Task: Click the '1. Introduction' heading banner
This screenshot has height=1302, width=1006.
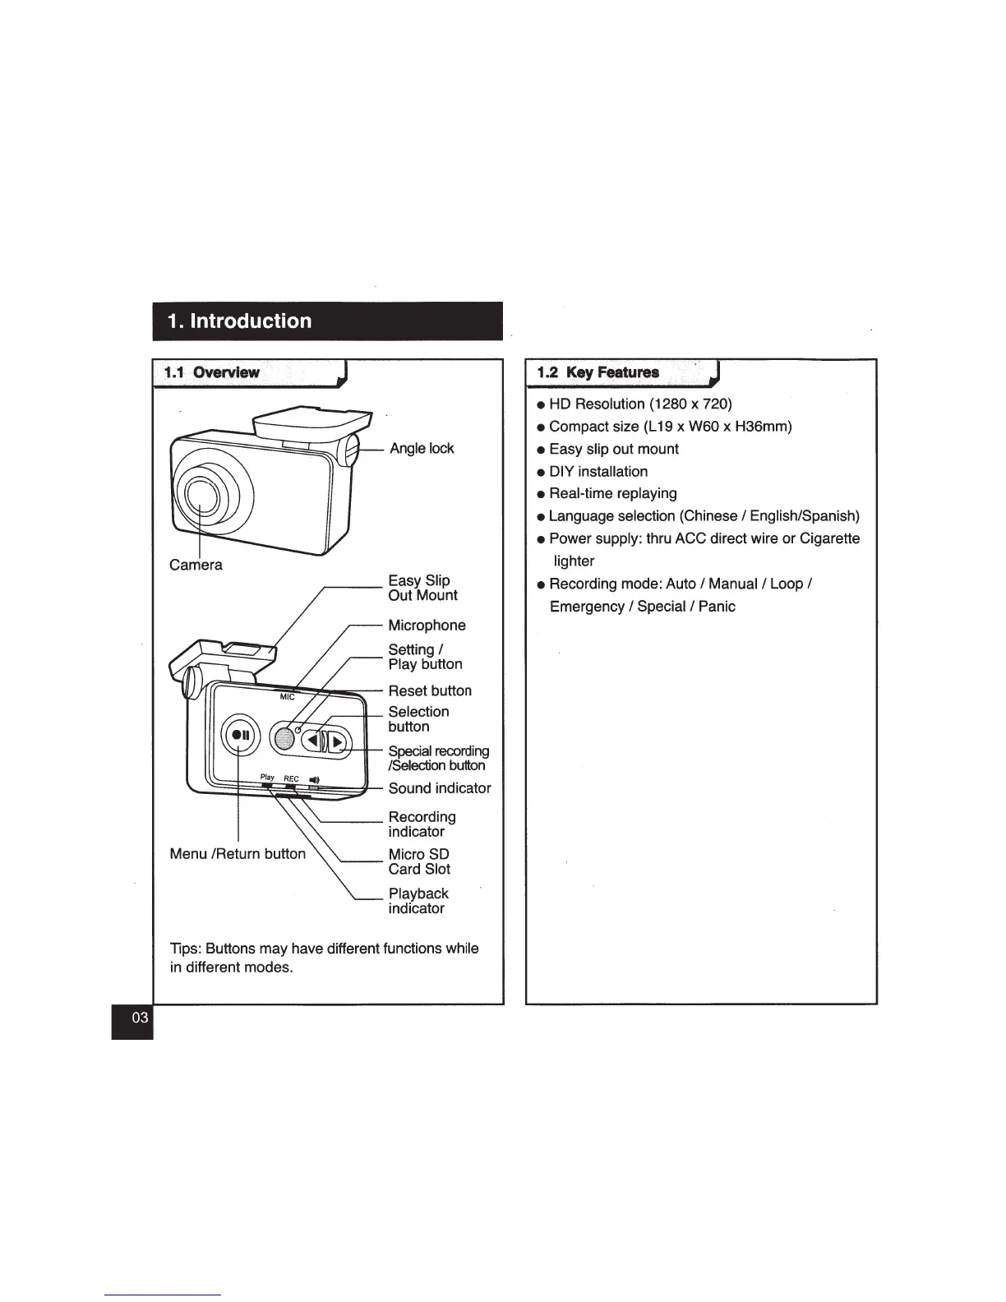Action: pos(326,321)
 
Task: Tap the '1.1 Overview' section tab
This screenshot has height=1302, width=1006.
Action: pos(212,372)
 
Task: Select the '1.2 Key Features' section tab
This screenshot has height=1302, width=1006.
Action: pos(598,372)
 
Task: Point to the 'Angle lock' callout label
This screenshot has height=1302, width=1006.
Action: pos(421,448)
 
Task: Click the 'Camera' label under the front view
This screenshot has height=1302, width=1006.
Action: pos(196,565)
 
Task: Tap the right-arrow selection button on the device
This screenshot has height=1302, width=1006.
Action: pos(337,743)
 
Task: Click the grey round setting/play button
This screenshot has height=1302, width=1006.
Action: pos(284,737)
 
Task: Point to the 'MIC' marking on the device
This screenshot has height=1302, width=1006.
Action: pos(287,697)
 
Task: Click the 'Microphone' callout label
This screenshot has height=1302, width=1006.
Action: pos(427,626)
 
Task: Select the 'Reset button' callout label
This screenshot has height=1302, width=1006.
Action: pos(430,690)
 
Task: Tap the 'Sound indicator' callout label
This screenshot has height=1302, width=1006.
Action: pos(439,788)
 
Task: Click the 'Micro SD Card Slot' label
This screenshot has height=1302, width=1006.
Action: pos(419,861)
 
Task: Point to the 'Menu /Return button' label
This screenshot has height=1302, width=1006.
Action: pos(237,854)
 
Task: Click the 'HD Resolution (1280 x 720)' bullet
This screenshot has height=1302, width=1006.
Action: pos(640,404)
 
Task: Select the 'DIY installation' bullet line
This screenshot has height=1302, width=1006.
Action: pos(598,471)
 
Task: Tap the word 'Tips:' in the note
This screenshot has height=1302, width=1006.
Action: pos(185,949)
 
